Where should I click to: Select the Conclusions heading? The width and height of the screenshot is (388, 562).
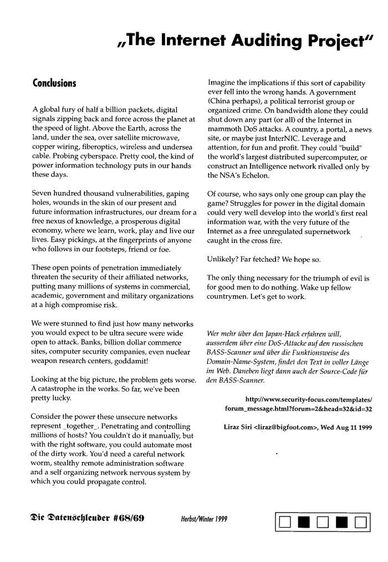54,83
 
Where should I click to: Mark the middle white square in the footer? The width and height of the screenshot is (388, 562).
323,522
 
